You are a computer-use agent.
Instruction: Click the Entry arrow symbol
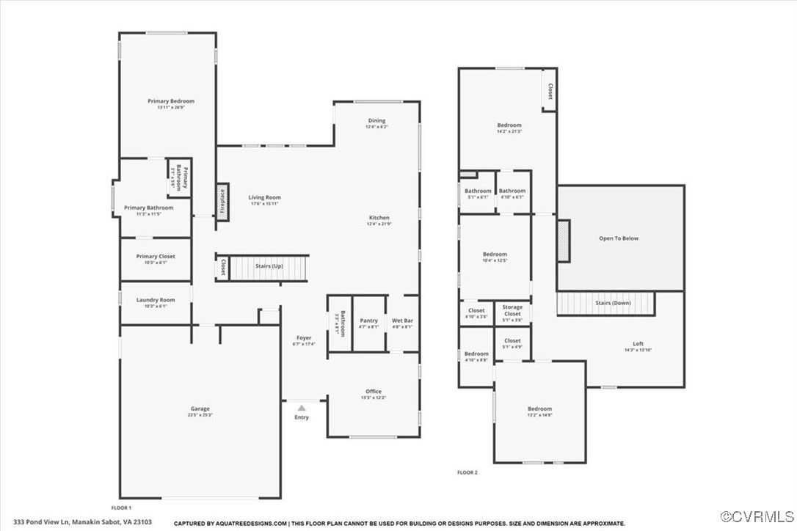point(301,407)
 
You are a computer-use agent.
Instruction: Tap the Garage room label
point(200,409)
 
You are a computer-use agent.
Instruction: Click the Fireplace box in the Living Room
point(222,201)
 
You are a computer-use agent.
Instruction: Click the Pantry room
point(368,321)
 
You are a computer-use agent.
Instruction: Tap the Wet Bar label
point(402,321)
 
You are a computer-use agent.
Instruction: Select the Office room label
point(374,392)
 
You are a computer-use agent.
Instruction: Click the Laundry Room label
point(156,300)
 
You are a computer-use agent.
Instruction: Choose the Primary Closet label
point(156,257)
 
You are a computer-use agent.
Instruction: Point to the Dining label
point(376,121)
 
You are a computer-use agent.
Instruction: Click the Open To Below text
point(619,238)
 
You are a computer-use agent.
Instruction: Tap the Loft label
point(638,344)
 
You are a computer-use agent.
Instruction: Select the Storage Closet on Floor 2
point(512,310)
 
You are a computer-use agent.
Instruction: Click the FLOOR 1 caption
point(121,508)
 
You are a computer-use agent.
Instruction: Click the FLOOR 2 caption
point(467,472)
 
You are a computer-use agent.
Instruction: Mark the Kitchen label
point(379,218)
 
